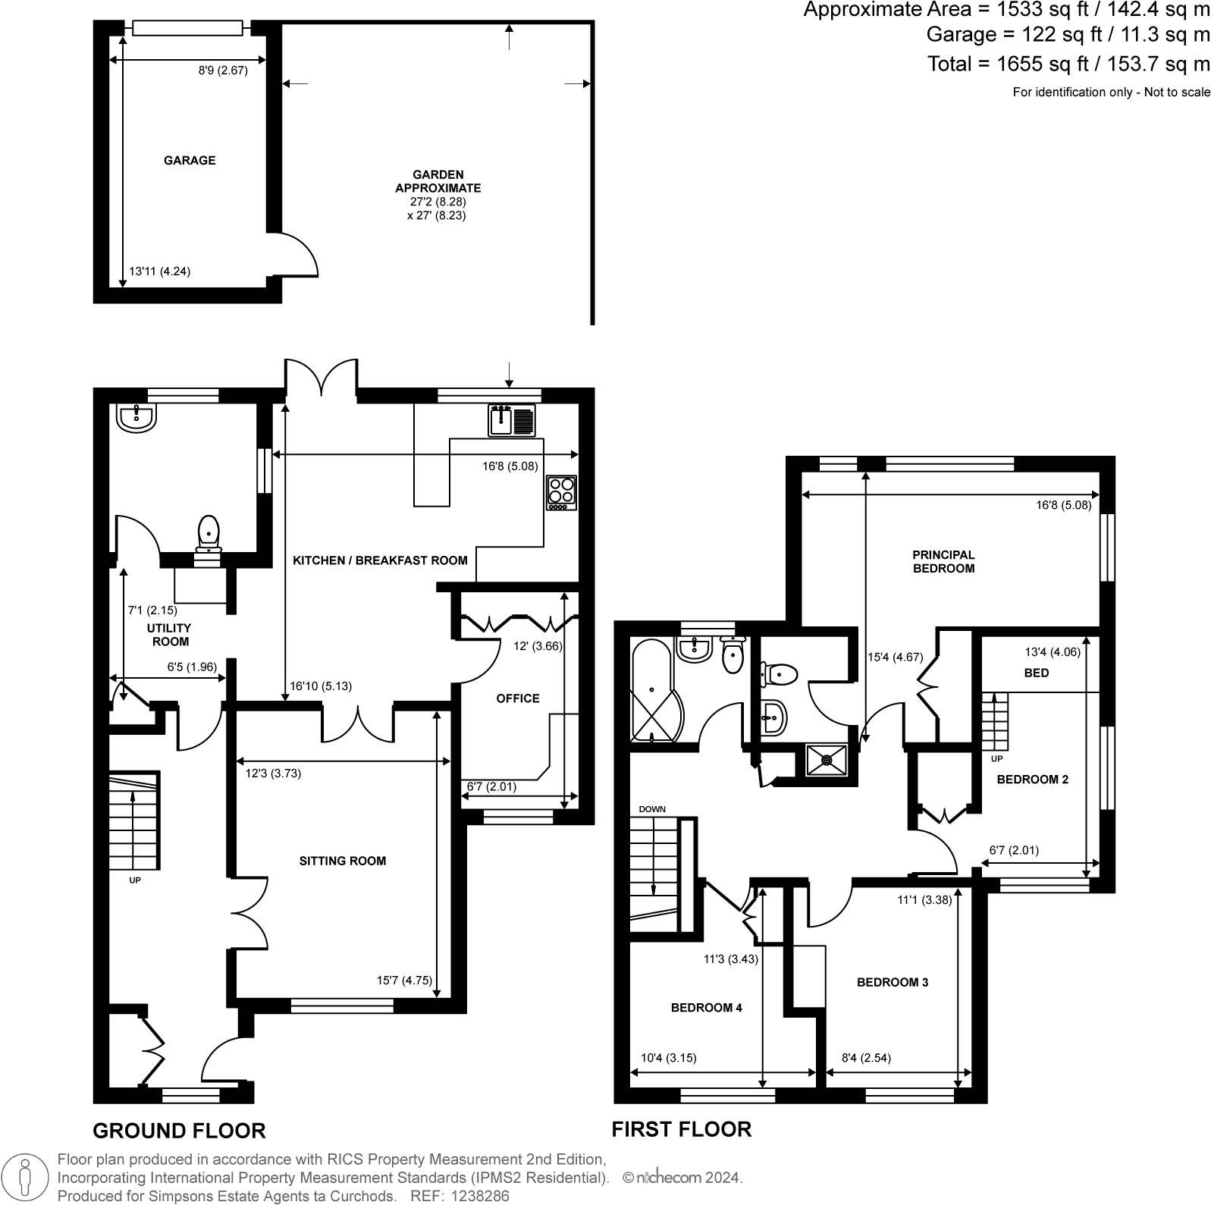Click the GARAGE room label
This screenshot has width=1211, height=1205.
[190, 160]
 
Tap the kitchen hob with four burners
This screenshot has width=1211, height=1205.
[561, 492]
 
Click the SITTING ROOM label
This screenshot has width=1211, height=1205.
[342, 861]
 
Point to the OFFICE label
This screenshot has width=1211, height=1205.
[518, 698]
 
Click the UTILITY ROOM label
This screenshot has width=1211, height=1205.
[171, 635]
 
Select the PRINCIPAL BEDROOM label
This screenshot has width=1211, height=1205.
[943, 561]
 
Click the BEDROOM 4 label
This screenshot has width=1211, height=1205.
[706, 1007]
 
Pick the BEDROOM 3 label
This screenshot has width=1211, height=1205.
[892, 982]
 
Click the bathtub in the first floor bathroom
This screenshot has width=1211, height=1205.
[651, 689]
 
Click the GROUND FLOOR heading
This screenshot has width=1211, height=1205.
[179, 1131]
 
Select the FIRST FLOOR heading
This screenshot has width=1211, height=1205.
[681, 1129]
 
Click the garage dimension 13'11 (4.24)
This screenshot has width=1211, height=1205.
[159, 271]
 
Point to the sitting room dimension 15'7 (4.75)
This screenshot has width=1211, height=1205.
[404, 980]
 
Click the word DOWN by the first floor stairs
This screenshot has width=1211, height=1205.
[651, 809]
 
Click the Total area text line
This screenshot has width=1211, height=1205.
[1068, 64]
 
